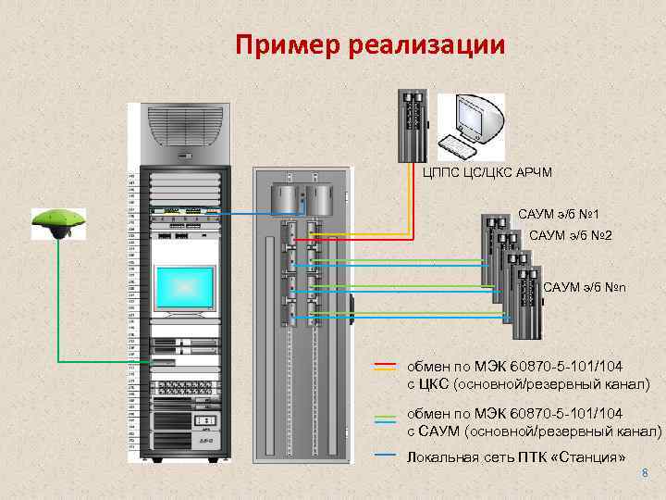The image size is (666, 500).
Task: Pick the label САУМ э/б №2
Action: click(570, 237)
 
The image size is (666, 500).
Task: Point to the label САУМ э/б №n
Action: click(585, 288)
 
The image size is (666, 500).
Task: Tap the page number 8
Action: click(645, 474)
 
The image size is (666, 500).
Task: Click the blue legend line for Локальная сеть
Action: click(386, 456)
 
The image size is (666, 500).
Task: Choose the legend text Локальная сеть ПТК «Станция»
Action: click(516, 457)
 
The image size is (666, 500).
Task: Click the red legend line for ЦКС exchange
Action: click(386, 363)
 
